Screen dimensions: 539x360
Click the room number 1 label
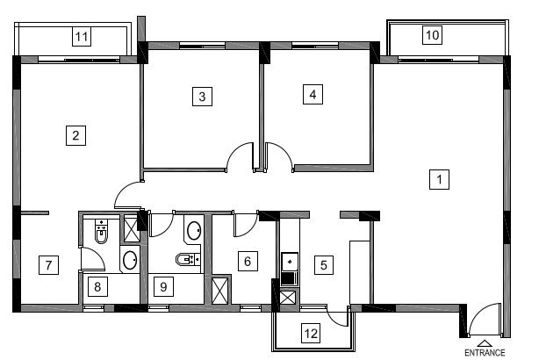pos(439,179)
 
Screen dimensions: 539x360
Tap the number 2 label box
pos(75,135)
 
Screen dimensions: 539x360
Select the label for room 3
pos(202,97)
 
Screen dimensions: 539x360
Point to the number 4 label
pos(313,94)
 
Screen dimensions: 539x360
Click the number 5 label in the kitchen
pos(324,265)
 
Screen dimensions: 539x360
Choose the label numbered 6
pos(248,262)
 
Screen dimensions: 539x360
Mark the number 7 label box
pos(48,265)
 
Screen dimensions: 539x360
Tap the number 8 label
pos(97,286)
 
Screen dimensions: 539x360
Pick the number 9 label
pos(163,286)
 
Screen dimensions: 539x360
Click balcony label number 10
pos(432,35)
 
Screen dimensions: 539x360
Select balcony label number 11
pos(82,37)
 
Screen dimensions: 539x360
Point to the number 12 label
pos(311,333)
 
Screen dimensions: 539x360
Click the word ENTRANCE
pos(485,353)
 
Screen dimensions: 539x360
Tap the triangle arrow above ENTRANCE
pos(484,343)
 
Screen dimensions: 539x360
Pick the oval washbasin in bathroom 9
pos(194,230)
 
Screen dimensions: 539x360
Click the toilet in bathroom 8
pos(101,231)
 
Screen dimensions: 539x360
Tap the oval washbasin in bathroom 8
pos(130,260)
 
